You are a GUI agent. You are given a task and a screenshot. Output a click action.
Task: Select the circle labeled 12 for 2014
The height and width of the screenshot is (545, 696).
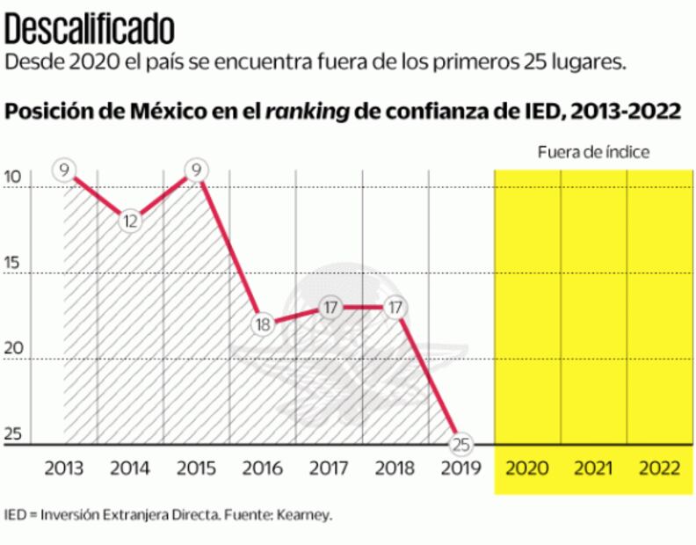click(130, 221)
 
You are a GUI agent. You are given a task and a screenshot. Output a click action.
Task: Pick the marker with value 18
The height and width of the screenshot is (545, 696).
click(262, 323)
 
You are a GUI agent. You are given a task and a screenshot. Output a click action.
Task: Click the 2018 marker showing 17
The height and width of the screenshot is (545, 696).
click(395, 307)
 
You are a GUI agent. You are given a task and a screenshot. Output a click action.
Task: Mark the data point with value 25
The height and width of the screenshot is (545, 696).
click(460, 443)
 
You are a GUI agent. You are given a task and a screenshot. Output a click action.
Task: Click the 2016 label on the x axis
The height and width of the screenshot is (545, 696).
click(263, 468)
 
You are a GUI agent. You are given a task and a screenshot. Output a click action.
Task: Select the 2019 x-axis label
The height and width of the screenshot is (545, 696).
click(460, 468)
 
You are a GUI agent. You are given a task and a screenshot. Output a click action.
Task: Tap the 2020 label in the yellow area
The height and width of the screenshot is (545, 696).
click(527, 468)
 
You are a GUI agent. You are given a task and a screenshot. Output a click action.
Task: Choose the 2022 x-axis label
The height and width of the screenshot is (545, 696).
click(659, 468)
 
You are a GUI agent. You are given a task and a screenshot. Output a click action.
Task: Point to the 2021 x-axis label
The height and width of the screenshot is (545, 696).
click(593, 468)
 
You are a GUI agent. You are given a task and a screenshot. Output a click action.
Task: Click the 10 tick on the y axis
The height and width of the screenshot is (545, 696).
click(12, 177)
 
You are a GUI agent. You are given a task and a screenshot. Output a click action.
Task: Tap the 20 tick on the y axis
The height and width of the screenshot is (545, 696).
click(12, 349)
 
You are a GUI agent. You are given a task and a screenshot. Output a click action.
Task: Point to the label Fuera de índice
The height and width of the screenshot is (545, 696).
click(593, 152)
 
